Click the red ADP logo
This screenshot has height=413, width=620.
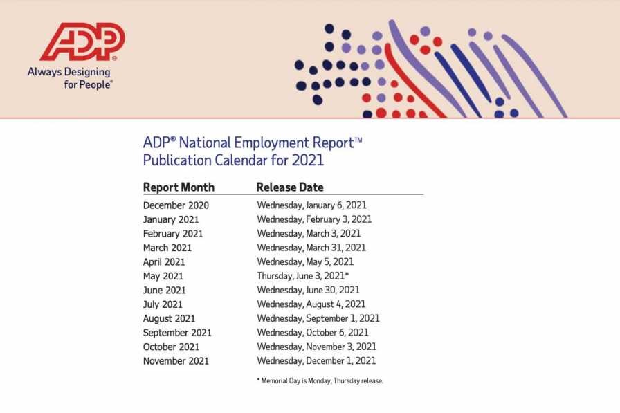(82, 42)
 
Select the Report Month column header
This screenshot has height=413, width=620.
(179, 187)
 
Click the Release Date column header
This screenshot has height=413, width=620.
(289, 187)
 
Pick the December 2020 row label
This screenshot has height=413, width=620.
(176, 205)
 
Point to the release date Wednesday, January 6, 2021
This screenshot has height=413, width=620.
(311, 205)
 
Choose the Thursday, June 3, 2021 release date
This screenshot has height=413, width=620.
(302, 276)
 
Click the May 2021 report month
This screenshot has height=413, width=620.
(163, 276)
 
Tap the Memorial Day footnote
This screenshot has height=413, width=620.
(320, 380)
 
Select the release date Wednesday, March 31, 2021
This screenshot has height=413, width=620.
(311, 248)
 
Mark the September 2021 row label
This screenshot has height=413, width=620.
(177, 333)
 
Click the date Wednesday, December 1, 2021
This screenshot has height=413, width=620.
(316, 361)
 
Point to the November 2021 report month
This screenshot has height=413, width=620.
(176, 361)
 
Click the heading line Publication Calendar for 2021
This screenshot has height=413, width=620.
(233, 161)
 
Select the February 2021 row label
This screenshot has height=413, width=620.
(173, 234)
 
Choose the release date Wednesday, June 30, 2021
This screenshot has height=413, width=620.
(308, 291)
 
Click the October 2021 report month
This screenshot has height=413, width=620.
(171, 347)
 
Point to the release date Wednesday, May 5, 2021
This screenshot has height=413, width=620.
(305, 262)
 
